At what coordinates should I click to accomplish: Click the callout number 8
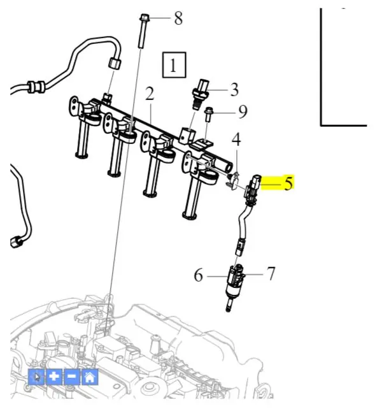pos(178,18)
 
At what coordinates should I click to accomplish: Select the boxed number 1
pos(174,65)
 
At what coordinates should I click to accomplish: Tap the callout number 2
pos(150,94)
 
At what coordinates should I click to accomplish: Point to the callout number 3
pos(234,90)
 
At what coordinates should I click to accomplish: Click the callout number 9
pos(243,112)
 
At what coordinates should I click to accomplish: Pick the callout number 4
pos(236,140)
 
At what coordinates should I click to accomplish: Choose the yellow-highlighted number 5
pos(288,184)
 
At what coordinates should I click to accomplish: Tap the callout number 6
pos(198,275)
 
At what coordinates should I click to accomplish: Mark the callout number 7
pos(271,273)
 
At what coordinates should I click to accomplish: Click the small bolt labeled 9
pos(208,114)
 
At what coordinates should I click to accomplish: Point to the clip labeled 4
pos(234,180)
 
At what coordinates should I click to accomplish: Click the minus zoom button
pos(72,377)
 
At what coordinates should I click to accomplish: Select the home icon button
pos(90,377)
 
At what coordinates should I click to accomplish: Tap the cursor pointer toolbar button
pos(36,377)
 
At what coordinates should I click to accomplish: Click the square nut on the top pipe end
pos(115,63)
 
